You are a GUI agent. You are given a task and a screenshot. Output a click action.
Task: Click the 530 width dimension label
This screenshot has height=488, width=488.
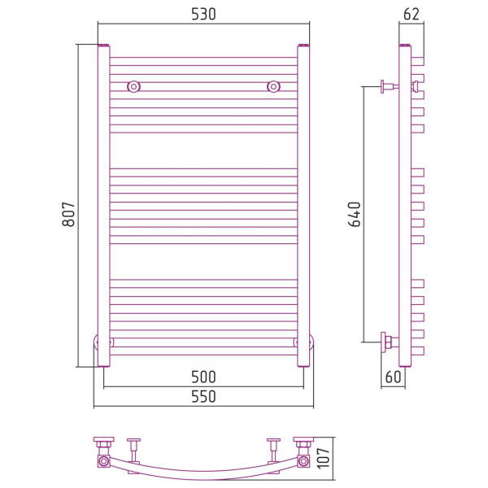[203, 14]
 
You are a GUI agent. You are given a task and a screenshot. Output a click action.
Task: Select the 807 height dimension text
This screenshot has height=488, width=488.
[69, 214]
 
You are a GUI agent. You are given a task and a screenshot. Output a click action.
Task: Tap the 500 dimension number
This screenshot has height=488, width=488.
[203, 377]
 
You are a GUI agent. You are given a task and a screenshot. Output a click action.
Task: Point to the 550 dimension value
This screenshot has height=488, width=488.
[203, 397]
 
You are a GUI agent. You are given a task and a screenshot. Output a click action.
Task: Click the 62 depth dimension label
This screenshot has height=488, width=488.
[411, 14]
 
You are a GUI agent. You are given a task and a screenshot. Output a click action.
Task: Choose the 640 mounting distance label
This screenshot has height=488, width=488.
[354, 214]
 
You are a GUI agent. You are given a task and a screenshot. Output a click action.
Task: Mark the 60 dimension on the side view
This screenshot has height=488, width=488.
[393, 377]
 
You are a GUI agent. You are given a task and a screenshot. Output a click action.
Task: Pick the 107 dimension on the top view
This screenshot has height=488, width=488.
[324, 458]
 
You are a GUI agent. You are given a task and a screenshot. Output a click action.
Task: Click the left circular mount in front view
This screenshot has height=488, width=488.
[134, 86]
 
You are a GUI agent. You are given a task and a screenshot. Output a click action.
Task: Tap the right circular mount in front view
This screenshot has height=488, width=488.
[273, 86]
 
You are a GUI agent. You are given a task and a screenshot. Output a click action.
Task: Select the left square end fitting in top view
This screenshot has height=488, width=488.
[103, 460]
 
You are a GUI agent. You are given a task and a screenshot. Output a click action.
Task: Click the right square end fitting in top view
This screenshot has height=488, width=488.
[303, 460]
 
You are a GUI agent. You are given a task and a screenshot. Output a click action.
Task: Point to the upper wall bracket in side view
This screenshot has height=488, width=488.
[390, 86]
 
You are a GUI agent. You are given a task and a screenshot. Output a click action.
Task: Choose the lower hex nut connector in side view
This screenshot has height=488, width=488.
[389, 342]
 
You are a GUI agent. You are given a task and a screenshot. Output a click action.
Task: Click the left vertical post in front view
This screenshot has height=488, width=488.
[103, 206]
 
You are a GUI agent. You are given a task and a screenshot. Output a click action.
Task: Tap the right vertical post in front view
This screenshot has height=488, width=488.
[303, 206]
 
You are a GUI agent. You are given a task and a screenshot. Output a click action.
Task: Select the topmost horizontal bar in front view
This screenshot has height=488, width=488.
[203, 61]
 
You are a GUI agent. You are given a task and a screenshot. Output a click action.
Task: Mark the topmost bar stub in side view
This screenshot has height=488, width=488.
[418, 61]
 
